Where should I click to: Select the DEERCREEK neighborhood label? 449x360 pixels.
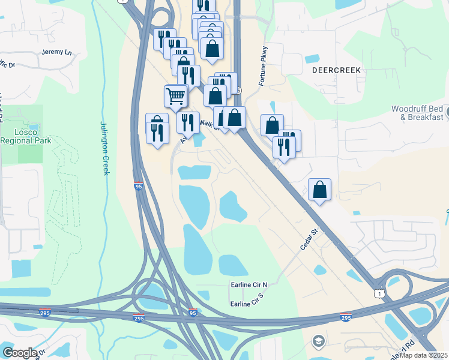click(336, 70)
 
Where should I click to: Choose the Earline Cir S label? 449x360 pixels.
click(247, 304)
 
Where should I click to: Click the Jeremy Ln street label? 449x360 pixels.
click(57, 52)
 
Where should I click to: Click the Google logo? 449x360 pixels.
click(20, 353)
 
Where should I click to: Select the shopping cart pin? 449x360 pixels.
click(175, 97)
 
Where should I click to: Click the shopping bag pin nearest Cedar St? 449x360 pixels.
click(320, 190)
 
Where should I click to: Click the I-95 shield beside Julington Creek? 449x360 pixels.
click(138, 187)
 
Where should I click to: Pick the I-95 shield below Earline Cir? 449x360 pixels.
click(193, 313)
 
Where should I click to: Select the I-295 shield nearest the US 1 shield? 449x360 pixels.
click(345, 316)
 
